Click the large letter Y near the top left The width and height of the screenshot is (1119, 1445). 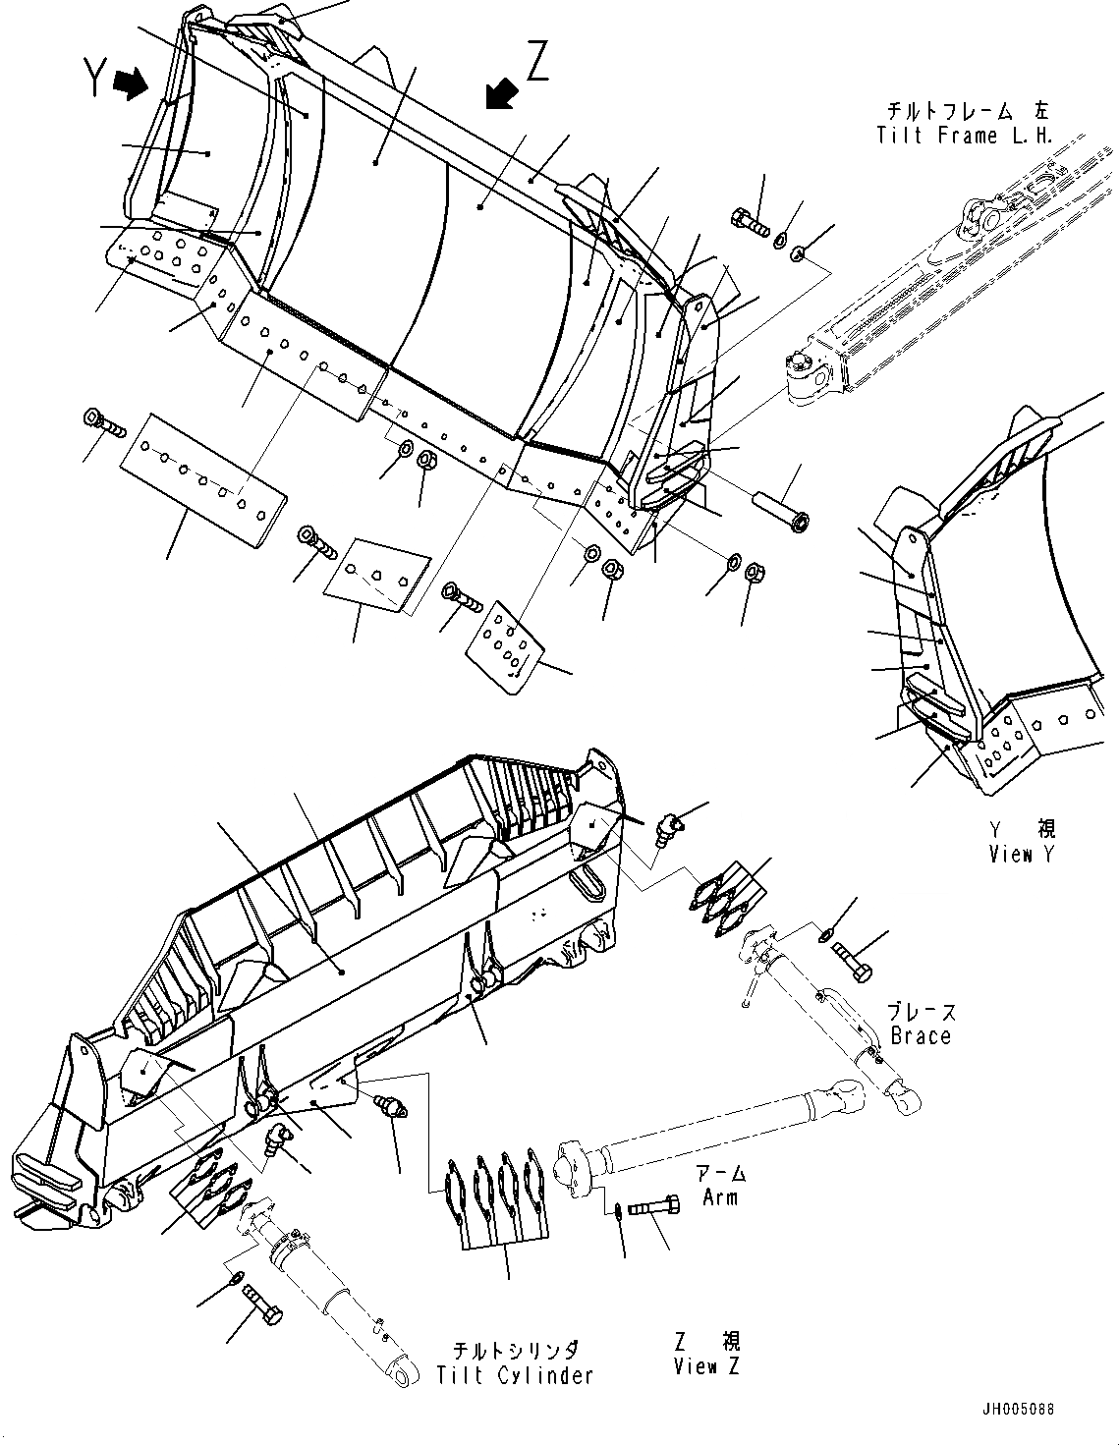[94, 79]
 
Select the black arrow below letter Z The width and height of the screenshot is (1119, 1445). [502, 94]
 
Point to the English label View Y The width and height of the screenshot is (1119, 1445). [1024, 854]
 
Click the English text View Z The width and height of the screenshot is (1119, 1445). [707, 1366]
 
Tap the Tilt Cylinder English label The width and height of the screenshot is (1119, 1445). [515, 1375]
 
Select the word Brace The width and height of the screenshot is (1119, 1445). [920, 1035]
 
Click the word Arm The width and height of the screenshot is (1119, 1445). [720, 1196]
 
